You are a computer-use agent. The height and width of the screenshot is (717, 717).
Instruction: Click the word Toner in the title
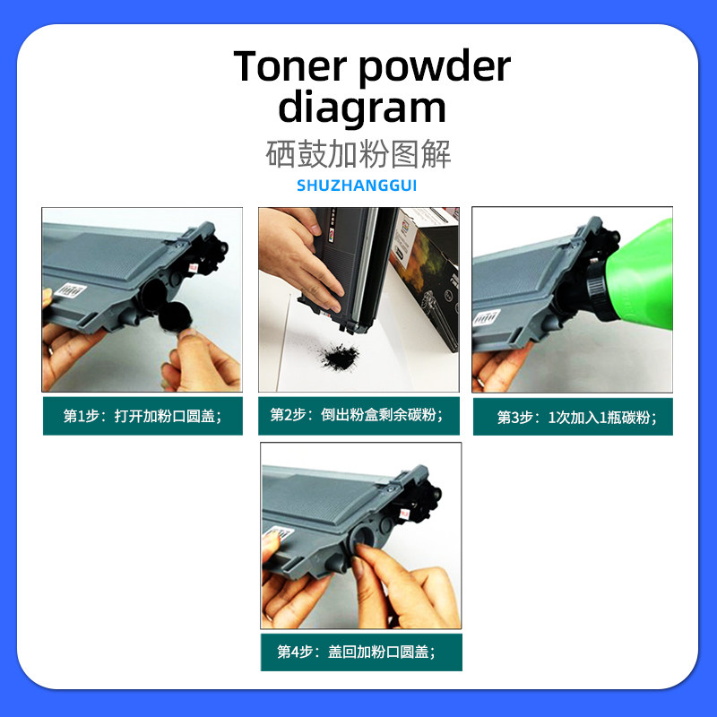pos(289,66)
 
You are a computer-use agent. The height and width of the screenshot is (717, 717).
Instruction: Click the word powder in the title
pos(435,69)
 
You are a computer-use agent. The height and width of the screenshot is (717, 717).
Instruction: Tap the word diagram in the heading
pos(362,108)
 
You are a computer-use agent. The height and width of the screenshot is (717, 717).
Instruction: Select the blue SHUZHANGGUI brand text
pos(357,186)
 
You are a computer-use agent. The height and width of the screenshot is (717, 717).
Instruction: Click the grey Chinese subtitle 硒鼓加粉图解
pos(358,153)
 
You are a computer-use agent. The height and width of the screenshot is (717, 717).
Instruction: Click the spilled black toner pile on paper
pos(340,357)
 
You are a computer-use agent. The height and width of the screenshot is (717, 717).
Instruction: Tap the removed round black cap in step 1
pos(175,317)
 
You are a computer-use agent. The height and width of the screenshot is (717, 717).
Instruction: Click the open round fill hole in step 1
pos(153,294)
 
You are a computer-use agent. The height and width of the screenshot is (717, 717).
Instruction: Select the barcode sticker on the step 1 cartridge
pos(73,290)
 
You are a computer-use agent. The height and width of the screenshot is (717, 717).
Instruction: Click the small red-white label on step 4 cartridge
pos(404,514)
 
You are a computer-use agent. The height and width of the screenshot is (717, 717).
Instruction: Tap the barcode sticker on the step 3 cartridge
pos(486,317)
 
